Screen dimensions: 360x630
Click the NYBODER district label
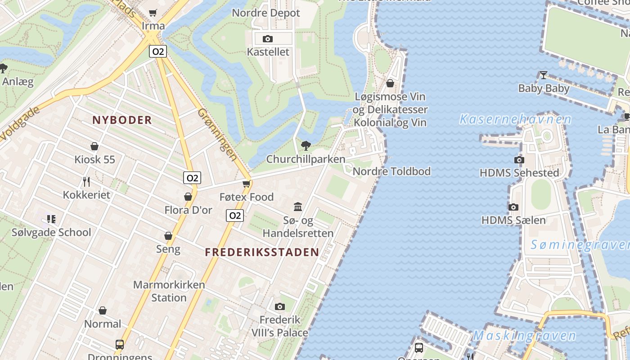click(122, 120)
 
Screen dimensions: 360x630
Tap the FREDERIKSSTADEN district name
click(262, 252)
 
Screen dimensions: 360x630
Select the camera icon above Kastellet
click(268, 39)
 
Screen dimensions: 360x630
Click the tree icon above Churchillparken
click(306, 145)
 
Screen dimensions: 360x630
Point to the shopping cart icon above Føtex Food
click(246, 184)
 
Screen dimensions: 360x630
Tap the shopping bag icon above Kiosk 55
click(94, 146)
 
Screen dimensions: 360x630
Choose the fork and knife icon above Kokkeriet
click(86, 181)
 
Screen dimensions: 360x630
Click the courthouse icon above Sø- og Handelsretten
click(298, 207)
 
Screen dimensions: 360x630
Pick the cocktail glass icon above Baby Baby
click(543, 75)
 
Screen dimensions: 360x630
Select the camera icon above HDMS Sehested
click(519, 160)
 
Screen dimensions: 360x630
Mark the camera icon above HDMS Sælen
click(513, 207)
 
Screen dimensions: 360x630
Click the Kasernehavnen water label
click(515, 120)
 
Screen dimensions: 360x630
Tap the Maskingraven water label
click(524, 336)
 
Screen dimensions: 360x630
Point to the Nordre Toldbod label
click(391, 171)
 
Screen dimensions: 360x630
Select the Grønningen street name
click(217, 134)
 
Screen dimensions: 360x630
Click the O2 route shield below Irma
click(158, 51)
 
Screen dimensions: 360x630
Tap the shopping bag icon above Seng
click(168, 236)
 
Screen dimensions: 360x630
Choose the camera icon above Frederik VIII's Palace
click(279, 307)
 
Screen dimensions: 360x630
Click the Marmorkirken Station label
click(169, 291)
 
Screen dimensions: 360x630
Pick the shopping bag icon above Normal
click(103, 310)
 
